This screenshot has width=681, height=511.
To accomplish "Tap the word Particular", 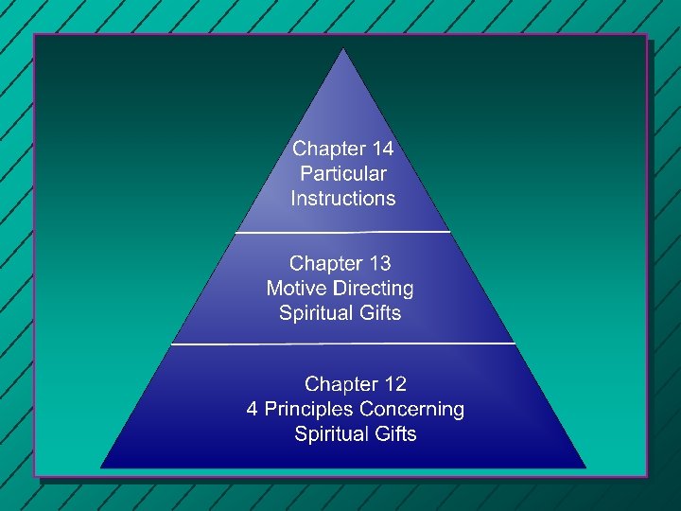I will [343, 173].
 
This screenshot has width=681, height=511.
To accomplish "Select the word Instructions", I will [343, 198].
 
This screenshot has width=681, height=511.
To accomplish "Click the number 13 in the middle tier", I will [376, 263].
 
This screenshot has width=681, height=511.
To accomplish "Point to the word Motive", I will [296, 288].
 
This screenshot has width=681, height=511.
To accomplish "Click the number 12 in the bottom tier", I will [392, 384].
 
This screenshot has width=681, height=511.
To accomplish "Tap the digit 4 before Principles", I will [253, 409].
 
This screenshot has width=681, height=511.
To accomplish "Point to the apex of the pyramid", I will [343, 49].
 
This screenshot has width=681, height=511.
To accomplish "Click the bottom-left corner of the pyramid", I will [101, 467].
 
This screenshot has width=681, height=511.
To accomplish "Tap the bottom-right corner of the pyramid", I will [585, 467].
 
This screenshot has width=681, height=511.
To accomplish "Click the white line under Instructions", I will [343, 231].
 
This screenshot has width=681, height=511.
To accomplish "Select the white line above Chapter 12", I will [343, 344].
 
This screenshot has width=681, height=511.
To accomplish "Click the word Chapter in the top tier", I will [327, 149].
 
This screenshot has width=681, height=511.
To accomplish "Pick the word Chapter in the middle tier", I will [324, 263].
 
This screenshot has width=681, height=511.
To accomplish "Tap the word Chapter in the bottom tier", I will [340, 384].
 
